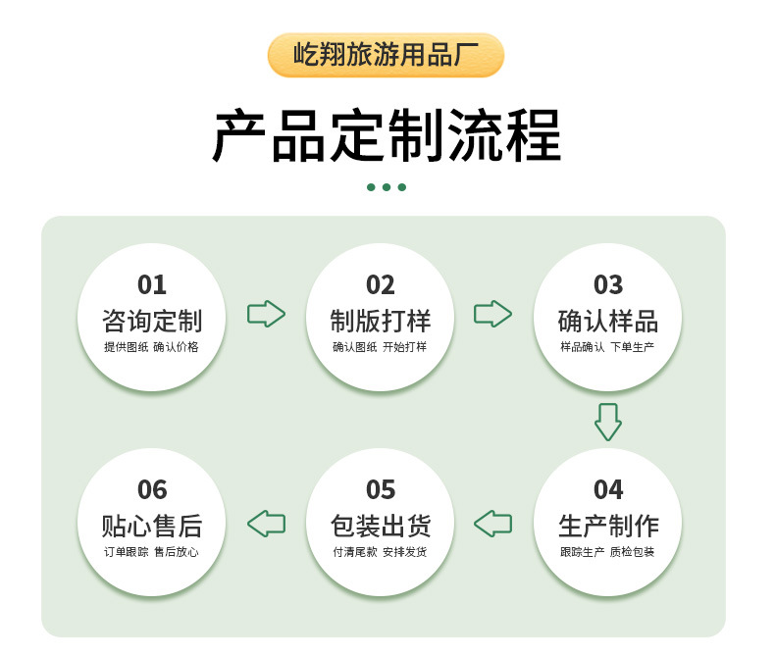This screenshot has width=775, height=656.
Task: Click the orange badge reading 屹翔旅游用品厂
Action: pos(386,55)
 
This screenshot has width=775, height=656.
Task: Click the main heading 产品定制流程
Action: pos(387,135)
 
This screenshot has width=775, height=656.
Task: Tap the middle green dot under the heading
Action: pos(387,187)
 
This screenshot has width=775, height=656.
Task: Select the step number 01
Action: pos(152,285)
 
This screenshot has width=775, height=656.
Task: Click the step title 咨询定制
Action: pos(152,321)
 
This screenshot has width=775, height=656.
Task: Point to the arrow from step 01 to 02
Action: pos(266,314)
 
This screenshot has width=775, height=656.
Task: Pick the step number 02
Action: pos(381,285)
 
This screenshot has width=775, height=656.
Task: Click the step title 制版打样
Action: pos(381,321)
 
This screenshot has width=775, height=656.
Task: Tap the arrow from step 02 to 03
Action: pos(493,314)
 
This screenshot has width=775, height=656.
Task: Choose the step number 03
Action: pos(608,285)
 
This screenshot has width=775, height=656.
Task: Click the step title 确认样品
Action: pos(608,321)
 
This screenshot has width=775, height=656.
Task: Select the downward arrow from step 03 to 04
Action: pos(608,421)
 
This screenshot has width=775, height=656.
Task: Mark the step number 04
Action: pos(608,489)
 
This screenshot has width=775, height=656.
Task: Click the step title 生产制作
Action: pos(608,525)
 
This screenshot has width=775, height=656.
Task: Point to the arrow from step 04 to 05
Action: pos(493,523)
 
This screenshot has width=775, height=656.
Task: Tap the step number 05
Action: pos(381,489)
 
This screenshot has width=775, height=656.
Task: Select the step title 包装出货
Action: pos(381,525)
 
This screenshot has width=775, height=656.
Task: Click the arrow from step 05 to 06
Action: pos(266,523)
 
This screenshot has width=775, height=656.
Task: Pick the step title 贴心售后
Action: pos(152,525)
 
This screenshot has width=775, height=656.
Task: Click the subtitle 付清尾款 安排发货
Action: pos(381,552)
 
